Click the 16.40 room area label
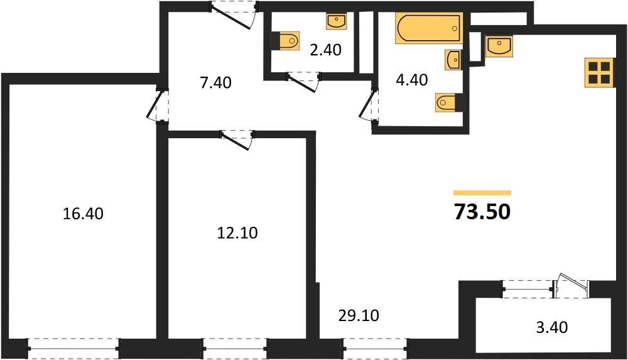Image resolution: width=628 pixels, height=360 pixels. [x=83, y=214]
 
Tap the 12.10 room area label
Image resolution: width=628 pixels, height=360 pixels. [x=237, y=233]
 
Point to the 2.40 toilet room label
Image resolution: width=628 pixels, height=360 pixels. [x=325, y=50]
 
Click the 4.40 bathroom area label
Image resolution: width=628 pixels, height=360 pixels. [x=411, y=81]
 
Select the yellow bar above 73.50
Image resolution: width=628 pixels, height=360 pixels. [x=482, y=193]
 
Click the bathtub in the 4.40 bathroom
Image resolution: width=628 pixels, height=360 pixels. [x=428, y=28]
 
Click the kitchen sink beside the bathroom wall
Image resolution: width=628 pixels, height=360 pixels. [x=500, y=45]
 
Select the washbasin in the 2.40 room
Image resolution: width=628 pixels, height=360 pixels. [x=337, y=21]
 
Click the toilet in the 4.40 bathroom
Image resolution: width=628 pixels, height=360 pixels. [x=448, y=101]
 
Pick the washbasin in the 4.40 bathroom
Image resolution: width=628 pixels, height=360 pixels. [x=453, y=59]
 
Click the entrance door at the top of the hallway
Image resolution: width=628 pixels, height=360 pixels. [x=234, y=13]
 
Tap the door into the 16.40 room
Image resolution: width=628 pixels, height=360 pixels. [x=157, y=105]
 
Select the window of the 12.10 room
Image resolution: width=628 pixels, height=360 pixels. [x=234, y=344]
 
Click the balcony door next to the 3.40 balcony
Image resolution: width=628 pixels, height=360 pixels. [x=573, y=285]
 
